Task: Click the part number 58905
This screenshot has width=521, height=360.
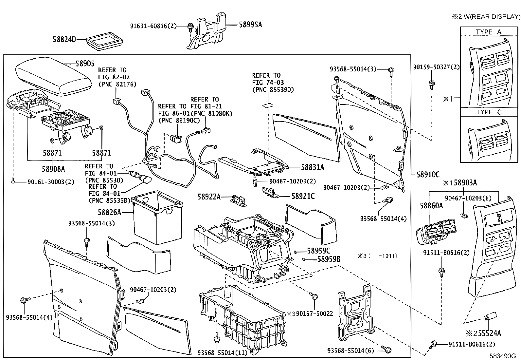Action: pos(85,64)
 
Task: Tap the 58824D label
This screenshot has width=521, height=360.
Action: pos(64,39)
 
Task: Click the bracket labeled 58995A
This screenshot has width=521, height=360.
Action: pos(207,31)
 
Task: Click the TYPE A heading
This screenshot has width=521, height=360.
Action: pos(488,32)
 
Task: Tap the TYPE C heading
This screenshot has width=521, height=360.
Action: pos(488,112)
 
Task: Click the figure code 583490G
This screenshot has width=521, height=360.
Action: pos(503,356)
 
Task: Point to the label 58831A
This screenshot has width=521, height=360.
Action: pos(312,167)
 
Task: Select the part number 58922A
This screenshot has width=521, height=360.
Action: pos(209,197)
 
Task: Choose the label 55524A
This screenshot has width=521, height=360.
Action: pos(489,333)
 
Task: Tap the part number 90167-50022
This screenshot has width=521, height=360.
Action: pos(314,314)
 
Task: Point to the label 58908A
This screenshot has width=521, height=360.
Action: pos(53,169)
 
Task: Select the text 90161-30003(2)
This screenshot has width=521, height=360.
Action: pos(51,182)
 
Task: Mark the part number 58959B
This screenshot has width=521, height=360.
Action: pos(329,259)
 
